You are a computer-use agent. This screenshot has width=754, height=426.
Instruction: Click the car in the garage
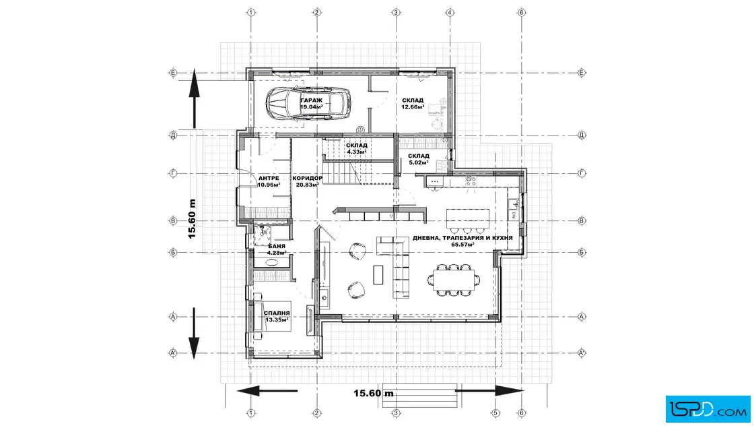click(x=308, y=102)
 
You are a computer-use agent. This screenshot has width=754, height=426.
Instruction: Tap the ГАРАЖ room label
click(x=312, y=100)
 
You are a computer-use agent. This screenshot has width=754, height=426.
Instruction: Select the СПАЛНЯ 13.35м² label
click(x=277, y=316)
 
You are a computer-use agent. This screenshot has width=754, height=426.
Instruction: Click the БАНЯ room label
click(x=277, y=246)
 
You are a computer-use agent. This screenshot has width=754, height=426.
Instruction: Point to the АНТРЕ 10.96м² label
click(x=269, y=181)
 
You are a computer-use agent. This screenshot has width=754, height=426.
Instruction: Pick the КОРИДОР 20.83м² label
click(x=307, y=181)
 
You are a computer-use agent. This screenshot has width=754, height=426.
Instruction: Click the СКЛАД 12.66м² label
click(x=413, y=104)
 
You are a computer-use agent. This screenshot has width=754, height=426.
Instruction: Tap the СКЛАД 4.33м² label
click(x=356, y=148)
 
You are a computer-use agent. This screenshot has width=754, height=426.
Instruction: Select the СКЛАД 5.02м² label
click(x=418, y=159)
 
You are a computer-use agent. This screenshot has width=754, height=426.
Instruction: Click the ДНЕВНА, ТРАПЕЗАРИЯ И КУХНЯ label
click(x=462, y=238)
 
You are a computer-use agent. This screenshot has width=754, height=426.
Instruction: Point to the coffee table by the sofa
click(x=378, y=274)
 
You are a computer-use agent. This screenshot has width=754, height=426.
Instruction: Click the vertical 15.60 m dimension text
click(x=192, y=219)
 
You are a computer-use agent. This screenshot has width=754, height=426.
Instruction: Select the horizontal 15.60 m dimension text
click(x=374, y=393)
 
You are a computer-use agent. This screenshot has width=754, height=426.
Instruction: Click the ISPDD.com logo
click(x=708, y=409)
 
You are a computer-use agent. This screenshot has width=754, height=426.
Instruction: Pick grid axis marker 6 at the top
click(x=522, y=12)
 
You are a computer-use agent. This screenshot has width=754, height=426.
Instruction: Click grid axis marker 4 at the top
click(x=450, y=12)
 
